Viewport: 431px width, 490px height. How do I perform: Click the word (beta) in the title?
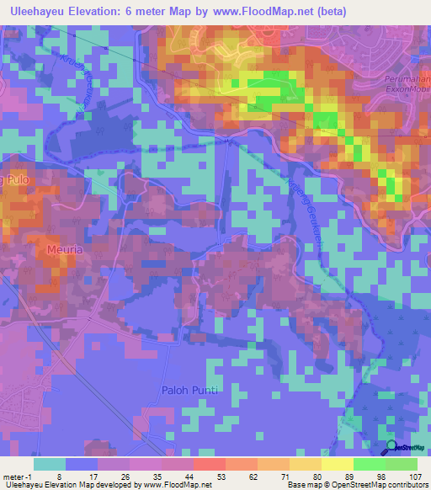click(328, 11)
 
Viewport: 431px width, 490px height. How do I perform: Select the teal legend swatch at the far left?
click(50, 464)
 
